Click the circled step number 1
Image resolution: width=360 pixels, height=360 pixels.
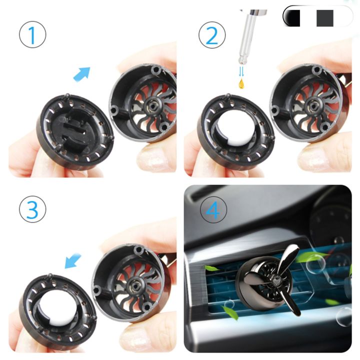click(x=32, y=35)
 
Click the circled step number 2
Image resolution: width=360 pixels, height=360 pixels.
click(x=212, y=35)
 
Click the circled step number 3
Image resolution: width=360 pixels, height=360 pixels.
click(x=32, y=210)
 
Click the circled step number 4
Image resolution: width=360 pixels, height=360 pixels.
click(x=212, y=210)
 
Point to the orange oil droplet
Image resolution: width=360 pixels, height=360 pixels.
click(x=242, y=83)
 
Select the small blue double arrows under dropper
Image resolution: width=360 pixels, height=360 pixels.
click(x=242, y=72)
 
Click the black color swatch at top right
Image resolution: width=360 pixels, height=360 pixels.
click(x=293, y=17)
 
